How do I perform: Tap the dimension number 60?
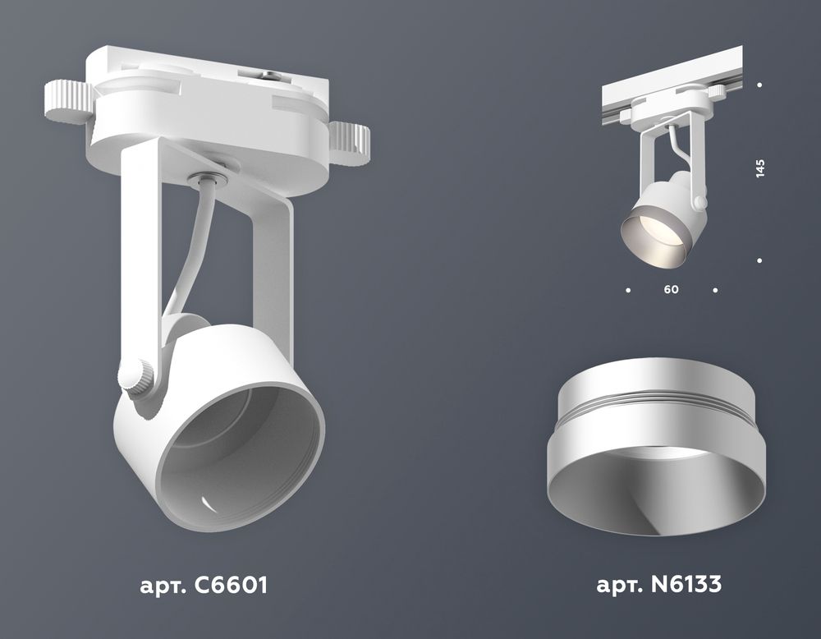coord(672,290)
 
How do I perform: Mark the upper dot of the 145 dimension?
coord(760,85)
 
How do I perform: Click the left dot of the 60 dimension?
coord(628,290)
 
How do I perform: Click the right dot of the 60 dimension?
coord(716,290)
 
